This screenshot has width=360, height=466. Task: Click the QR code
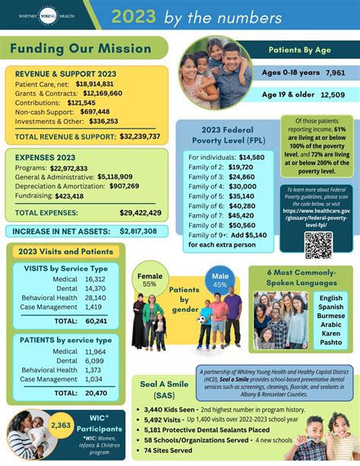318,246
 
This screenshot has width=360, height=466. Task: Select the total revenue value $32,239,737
140,137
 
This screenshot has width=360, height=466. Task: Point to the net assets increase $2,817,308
138,231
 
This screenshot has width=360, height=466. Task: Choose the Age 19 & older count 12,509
332,94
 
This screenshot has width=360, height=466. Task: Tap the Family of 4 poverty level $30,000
242,186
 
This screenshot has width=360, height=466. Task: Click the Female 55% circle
149,279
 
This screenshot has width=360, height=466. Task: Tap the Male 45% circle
220,279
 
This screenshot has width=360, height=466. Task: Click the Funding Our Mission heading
81,49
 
